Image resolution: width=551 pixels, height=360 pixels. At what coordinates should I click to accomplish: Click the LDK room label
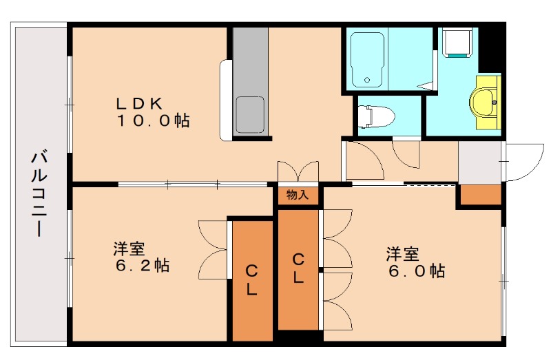point(138,103)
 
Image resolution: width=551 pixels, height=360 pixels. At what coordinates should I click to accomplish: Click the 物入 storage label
point(298,195)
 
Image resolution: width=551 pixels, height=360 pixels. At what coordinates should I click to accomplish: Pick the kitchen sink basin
point(250,111)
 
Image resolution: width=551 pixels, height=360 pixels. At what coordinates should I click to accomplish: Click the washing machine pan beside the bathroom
point(456,43)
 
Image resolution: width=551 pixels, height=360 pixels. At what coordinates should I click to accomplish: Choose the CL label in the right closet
point(298,268)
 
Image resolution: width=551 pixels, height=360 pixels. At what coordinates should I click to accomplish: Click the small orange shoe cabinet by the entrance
point(480,195)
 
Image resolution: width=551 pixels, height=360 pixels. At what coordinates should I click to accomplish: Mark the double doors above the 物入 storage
point(298,171)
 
